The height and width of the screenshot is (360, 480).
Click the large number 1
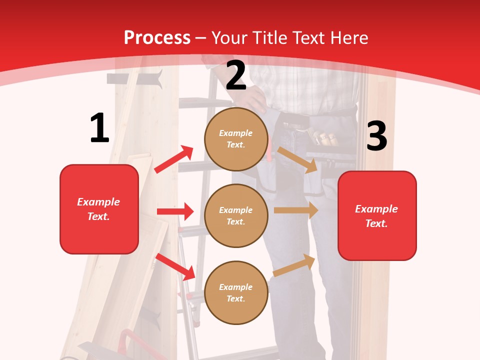tap(99, 128)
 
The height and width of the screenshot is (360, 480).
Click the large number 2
tap(236, 76)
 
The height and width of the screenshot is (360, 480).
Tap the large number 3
tap(376, 136)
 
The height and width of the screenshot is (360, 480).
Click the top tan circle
tap(236, 139)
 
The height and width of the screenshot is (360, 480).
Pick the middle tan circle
tap(236, 215)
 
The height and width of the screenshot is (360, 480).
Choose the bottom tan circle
tap(236, 292)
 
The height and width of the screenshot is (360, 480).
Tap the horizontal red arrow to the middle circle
tap(175, 211)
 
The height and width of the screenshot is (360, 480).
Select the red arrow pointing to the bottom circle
tap(175, 266)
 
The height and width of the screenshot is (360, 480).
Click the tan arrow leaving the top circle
tap(297, 159)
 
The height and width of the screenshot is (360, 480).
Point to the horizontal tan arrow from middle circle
tap(296, 210)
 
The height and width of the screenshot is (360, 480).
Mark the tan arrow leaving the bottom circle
tap(294, 265)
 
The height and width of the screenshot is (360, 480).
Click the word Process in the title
tap(157, 37)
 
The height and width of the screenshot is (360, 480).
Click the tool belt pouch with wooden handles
tap(322, 138)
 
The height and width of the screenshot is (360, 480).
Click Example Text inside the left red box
tap(98, 209)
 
